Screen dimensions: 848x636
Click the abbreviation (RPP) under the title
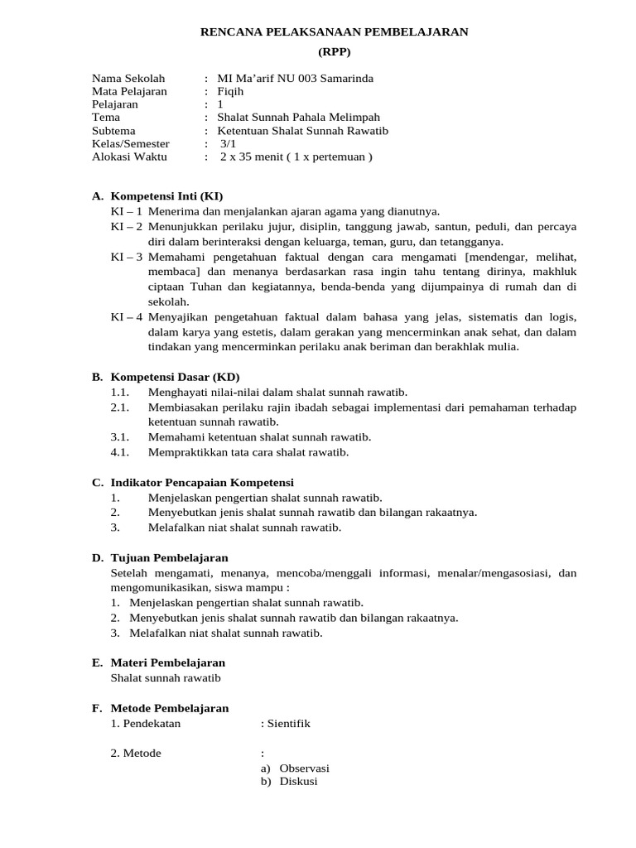[335, 51]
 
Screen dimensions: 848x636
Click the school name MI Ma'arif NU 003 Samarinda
[294, 79]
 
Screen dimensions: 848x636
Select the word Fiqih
[230, 92]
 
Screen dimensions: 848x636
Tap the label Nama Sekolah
[128, 79]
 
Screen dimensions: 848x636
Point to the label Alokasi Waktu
[129, 157]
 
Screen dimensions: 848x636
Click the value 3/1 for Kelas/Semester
[228, 143]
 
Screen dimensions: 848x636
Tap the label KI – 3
[127, 257]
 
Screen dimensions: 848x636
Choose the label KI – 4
[127, 316]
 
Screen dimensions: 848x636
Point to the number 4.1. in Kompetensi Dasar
[120, 452]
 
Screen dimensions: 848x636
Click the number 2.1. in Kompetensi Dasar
[120, 407]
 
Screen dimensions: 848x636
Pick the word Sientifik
[287, 723]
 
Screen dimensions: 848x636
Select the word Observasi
[304, 768]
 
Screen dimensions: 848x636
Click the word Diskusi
[298, 781]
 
